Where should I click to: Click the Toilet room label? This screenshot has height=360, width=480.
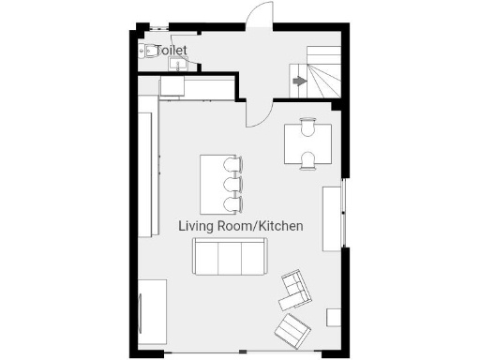pyautogui.click(x=172, y=51)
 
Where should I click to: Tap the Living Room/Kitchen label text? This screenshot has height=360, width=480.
pyautogui.click(x=241, y=226)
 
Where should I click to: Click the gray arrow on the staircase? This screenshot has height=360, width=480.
pyautogui.click(x=299, y=82)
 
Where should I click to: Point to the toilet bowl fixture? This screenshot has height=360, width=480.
pyautogui.click(x=149, y=52)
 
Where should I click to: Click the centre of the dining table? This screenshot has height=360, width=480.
pyautogui.click(x=307, y=142)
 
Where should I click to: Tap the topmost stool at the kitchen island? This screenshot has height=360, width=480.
pyautogui.click(x=232, y=165)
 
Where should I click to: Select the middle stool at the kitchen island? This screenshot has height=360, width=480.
pyautogui.click(x=232, y=184)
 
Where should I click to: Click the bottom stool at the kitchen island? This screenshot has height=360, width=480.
pyautogui.click(x=232, y=202)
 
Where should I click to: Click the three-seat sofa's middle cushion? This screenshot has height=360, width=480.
pyautogui.click(x=230, y=256)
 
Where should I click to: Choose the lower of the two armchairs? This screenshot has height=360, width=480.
pyautogui.click(x=292, y=329)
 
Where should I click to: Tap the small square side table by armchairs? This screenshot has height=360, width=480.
pyautogui.click(x=333, y=317)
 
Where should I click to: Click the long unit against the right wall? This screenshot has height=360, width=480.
pyautogui.click(x=333, y=218)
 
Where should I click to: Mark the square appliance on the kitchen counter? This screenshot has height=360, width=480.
pyautogui.click(x=174, y=86)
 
